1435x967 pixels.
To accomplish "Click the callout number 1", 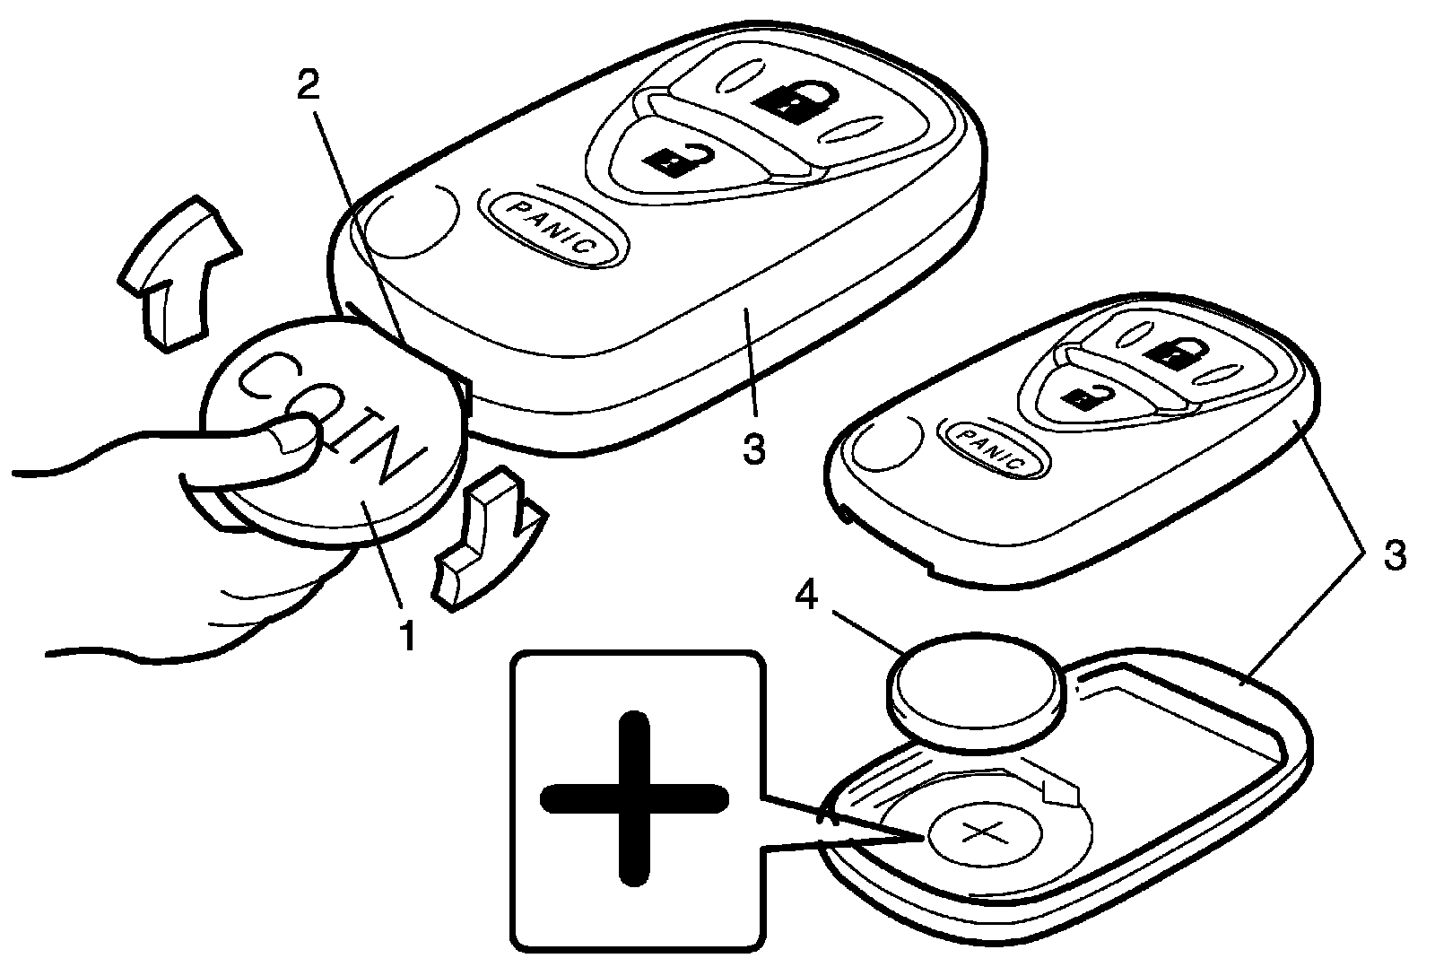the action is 406,634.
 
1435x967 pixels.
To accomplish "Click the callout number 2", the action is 307,86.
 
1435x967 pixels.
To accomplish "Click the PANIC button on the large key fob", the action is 552,228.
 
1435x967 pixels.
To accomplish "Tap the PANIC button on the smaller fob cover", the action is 987,449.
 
